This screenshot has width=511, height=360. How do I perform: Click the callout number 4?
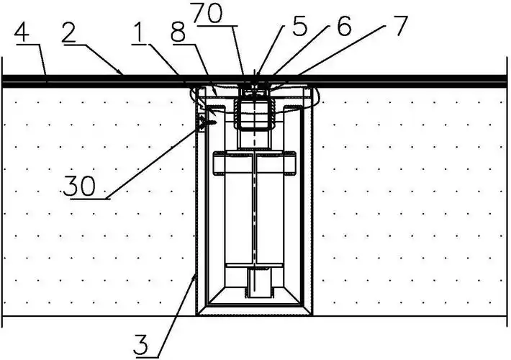coord(22,31)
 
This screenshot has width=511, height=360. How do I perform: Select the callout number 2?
coord(69,32)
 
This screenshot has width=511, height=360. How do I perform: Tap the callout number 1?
coord(139,32)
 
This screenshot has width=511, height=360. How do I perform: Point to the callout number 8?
coord(178,32)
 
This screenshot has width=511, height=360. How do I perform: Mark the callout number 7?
coord(399,25)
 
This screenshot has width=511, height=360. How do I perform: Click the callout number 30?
coord(79,185)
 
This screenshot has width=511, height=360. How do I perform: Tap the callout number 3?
coord(141,344)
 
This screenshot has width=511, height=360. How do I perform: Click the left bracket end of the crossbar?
coord(218,163)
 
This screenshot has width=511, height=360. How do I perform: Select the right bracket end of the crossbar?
coord(290,163)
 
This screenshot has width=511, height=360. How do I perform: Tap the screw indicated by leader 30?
coord(206,123)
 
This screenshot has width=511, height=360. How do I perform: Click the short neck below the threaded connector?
coord(255,139)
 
